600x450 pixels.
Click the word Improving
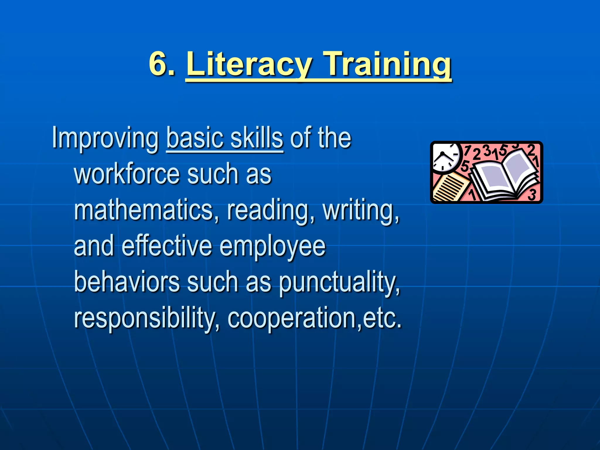[x=105, y=138]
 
